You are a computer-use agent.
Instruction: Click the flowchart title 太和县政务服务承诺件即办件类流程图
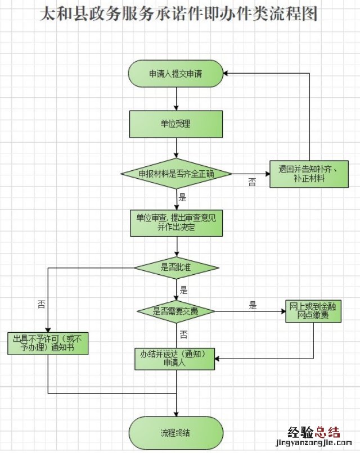point(179,14)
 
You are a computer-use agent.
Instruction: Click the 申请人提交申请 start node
point(176,73)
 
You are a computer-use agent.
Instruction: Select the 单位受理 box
point(176,124)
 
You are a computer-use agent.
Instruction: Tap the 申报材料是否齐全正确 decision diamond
point(177,173)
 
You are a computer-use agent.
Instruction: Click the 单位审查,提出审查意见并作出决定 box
point(176,223)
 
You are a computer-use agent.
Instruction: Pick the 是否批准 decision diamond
point(176,267)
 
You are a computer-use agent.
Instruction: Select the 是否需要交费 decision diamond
point(176,311)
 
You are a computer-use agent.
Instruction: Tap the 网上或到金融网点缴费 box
point(312,311)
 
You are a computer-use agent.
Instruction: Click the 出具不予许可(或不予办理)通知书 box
point(48,343)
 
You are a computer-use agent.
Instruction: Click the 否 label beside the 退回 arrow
point(252,182)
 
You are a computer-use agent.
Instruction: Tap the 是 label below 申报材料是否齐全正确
point(182,197)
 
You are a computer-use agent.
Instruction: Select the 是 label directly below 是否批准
point(183,291)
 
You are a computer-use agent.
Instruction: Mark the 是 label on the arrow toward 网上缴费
point(253,306)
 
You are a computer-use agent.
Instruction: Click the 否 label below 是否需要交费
point(183,334)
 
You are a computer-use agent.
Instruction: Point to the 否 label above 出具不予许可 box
point(42,304)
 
